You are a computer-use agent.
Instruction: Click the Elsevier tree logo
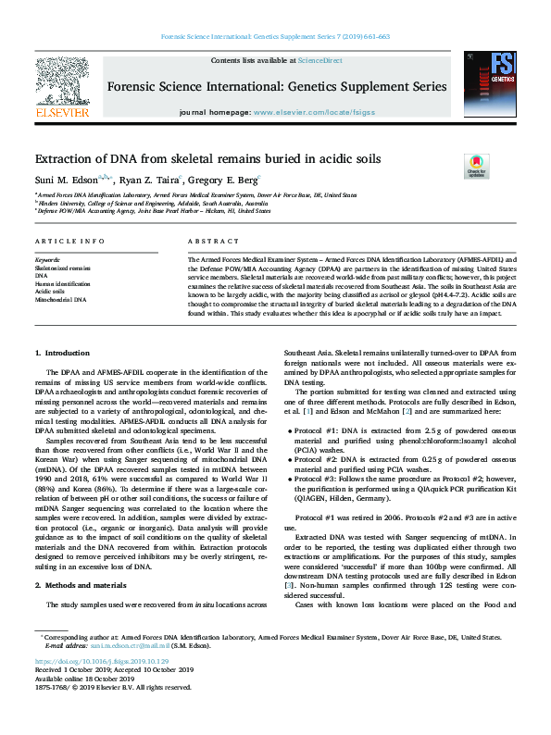click(61, 88)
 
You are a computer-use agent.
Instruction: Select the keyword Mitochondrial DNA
click(60, 300)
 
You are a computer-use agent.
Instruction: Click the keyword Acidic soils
click(52, 292)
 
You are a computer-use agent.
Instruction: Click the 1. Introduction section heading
click(63, 354)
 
